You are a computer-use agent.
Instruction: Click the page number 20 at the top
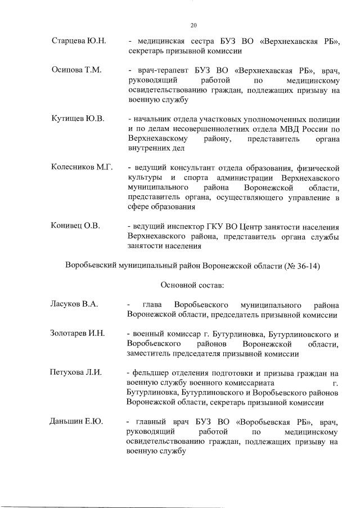193,25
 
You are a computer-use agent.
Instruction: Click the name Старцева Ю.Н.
75,42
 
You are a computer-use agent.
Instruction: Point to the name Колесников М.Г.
82,168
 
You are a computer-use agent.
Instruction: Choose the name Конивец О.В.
75,226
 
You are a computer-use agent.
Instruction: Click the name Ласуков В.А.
74,304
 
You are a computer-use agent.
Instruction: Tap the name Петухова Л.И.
77,372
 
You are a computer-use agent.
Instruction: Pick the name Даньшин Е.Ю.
76,421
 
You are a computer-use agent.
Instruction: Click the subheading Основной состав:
192,285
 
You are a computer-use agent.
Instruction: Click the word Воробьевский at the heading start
92,265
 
